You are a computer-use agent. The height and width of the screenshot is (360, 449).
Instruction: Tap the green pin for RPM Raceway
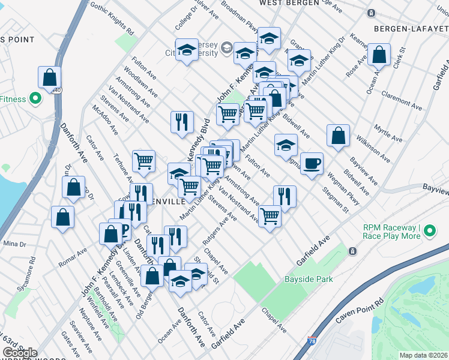(x=430, y=229)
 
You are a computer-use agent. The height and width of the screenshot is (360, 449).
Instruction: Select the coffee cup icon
(x=311, y=163)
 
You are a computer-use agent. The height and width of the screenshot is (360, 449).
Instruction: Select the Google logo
(x=19, y=353)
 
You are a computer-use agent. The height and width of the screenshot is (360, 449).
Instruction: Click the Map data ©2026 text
(x=423, y=355)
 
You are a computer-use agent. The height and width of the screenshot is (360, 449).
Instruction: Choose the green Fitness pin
(x=35, y=99)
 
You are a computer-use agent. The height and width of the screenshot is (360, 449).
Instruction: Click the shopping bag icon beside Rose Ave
(x=379, y=55)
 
